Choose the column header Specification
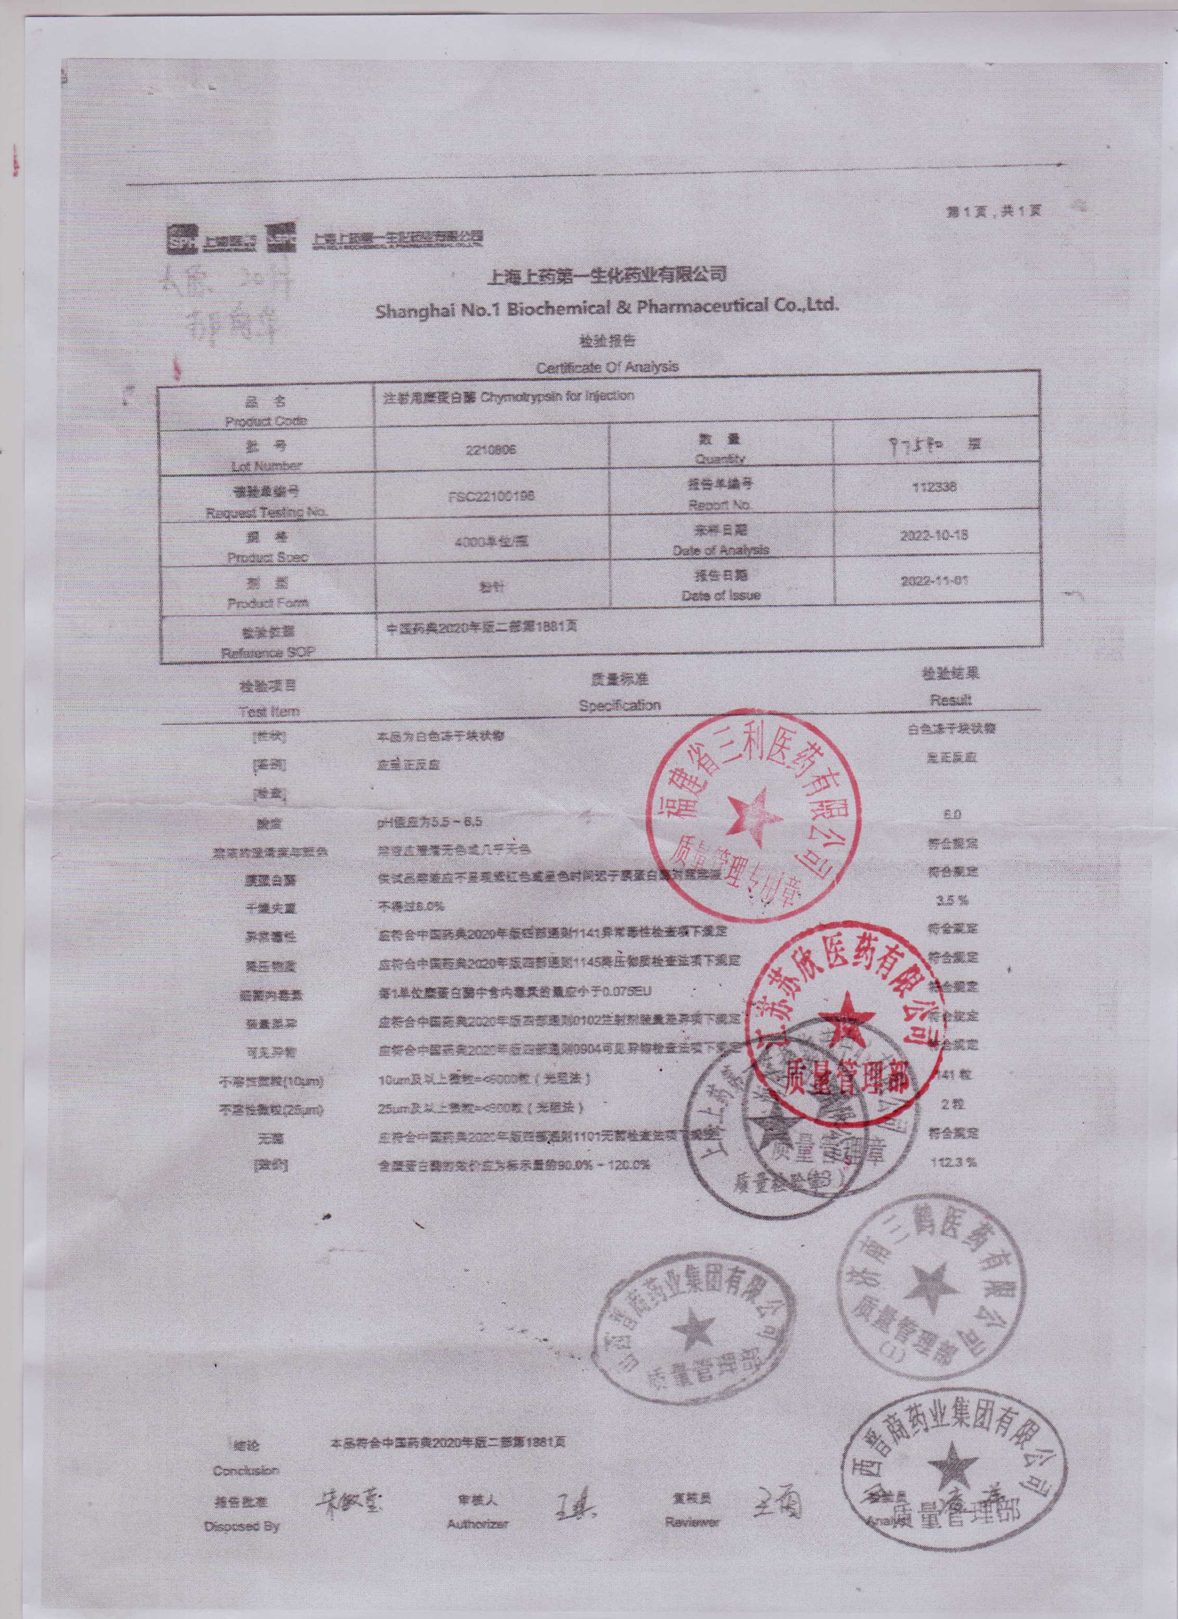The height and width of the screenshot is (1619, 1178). (619, 705)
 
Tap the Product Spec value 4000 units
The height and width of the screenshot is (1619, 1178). (492, 540)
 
